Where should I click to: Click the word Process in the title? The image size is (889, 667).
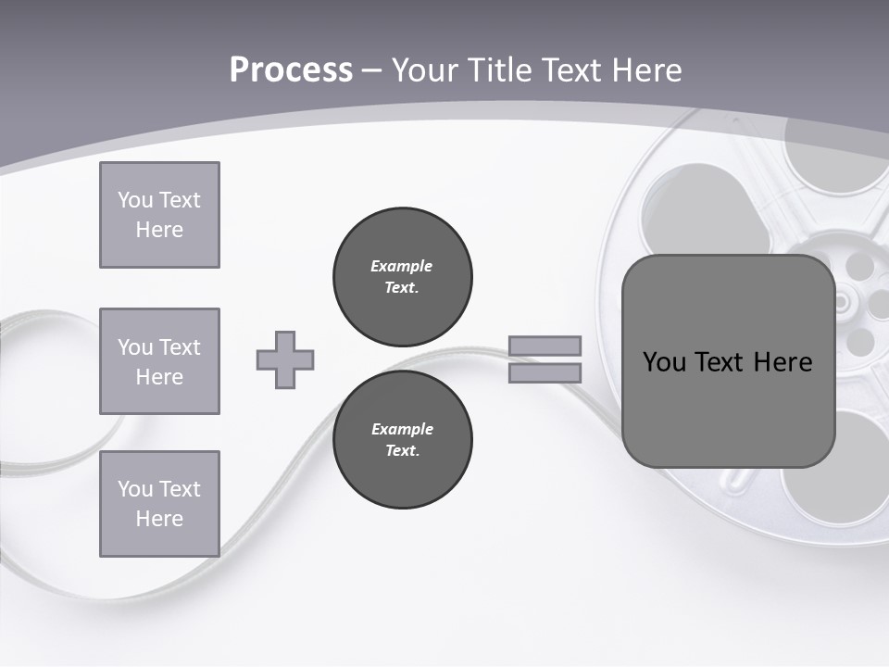pos(291,70)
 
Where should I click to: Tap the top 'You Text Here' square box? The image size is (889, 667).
pos(159,215)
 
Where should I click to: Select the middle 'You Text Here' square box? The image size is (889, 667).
pos(159,361)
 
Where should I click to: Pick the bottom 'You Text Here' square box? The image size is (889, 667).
pos(159,504)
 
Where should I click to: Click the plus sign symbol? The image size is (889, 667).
pos(285,359)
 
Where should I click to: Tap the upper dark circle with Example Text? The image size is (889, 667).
pos(402,276)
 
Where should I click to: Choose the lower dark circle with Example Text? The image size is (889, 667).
pos(402,439)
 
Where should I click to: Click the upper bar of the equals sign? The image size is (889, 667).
pos(545,346)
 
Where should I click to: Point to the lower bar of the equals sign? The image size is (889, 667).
pos(545,373)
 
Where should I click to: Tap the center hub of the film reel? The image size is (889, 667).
pos(843,302)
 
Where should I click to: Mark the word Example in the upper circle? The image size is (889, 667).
pos(401,266)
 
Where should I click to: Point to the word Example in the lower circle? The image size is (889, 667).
pos(401,429)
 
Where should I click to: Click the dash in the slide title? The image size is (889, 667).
pos(372,70)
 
